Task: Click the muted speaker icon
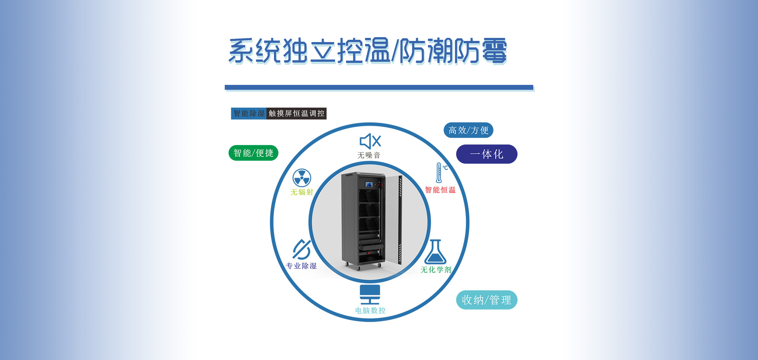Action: (370, 141)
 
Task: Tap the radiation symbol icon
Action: (302, 178)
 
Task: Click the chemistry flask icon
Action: (435, 252)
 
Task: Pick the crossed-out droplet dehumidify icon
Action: (302, 249)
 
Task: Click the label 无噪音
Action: (369, 155)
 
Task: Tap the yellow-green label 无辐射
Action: (302, 192)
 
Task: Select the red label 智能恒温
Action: (440, 190)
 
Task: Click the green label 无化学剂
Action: (436, 270)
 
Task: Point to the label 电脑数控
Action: (370, 311)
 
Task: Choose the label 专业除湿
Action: (301, 266)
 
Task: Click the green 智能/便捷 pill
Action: (254, 153)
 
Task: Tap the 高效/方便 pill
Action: (468, 130)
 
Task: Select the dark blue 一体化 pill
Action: (487, 154)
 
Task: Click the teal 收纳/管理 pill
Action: (487, 300)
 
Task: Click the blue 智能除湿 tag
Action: (249, 113)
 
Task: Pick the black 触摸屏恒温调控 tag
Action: (296, 113)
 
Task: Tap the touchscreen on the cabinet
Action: (369, 185)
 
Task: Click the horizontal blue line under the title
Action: (379, 88)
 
